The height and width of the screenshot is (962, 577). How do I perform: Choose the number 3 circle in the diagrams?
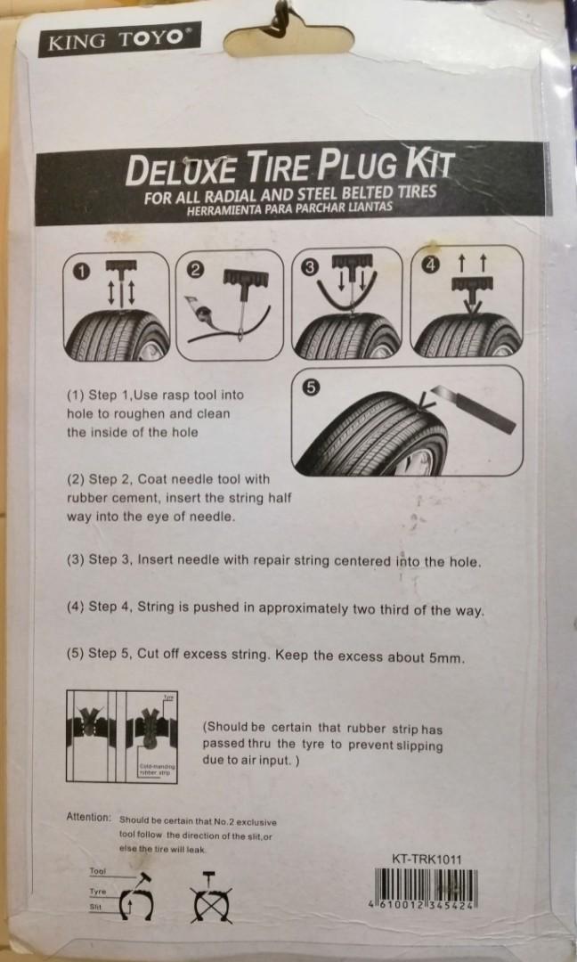[x=310, y=265]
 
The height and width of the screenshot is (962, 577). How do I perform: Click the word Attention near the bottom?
[x=89, y=817]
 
